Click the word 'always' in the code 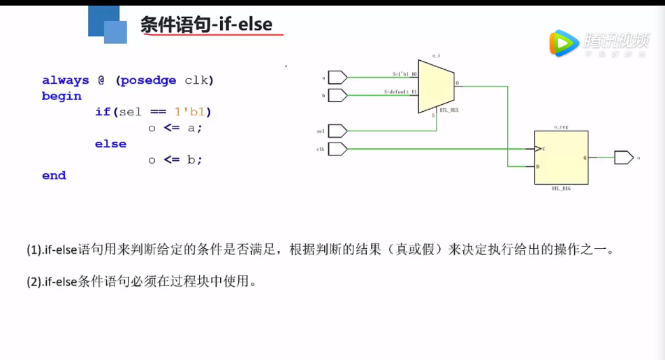(x=66, y=80)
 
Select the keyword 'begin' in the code (x=61, y=96)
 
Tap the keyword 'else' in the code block (x=110, y=144)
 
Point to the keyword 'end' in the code (x=54, y=175)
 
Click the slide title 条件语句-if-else (x=206, y=25)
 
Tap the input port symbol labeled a (x=337, y=77)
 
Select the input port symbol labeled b (x=337, y=94)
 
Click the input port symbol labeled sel (x=337, y=131)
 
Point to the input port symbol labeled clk (x=337, y=148)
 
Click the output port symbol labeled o (x=623, y=158)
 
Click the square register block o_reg (x=561, y=157)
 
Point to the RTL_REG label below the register (x=562, y=188)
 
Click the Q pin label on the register (x=585, y=157)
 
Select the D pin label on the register (x=538, y=166)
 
